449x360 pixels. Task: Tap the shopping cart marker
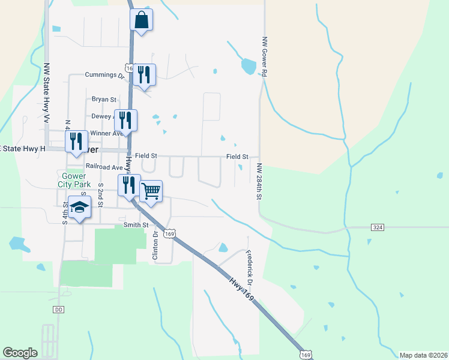click(151, 191)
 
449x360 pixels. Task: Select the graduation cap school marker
click(79, 207)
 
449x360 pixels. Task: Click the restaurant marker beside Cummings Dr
click(144, 75)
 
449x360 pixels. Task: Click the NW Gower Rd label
click(264, 58)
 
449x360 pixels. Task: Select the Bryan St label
click(103, 100)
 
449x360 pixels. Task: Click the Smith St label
click(136, 225)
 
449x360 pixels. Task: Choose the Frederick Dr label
click(250, 268)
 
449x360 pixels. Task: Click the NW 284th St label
click(259, 181)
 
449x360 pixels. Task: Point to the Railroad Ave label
click(104, 166)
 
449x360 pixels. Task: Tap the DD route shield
click(58, 310)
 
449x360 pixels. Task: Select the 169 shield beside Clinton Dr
click(170, 233)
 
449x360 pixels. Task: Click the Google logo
click(20, 353)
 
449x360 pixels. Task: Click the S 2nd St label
click(100, 196)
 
